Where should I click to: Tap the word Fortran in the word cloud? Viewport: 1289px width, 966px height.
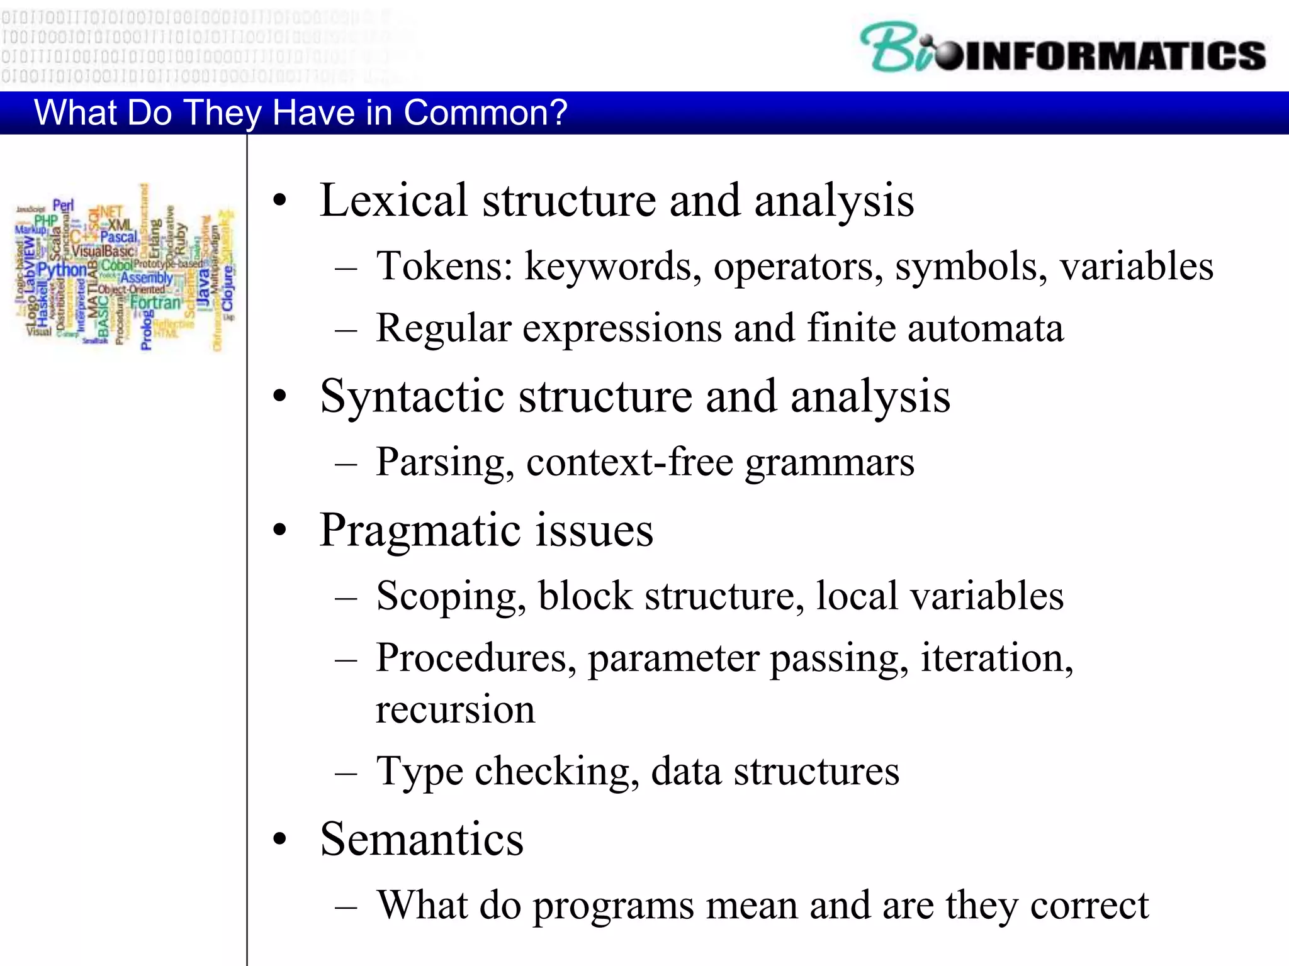click(155, 303)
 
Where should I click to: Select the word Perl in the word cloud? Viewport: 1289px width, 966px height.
click(63, 206)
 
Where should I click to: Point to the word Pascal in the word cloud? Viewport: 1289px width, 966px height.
click(118, 237)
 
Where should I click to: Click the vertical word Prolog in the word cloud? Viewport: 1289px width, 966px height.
click(146, 330)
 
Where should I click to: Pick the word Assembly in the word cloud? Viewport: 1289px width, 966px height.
click(146, 277)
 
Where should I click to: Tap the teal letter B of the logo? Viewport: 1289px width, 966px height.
click(891, 47)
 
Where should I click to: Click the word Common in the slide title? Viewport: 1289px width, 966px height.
click(485, 113)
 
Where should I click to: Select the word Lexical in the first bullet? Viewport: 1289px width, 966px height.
click(394, 201)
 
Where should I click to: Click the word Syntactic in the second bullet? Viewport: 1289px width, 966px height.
click(412, 397)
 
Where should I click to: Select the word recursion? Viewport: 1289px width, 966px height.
click(455, 710)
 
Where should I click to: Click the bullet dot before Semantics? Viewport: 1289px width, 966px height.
click(280, 839)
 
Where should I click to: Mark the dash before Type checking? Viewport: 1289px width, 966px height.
click(346, 772)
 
